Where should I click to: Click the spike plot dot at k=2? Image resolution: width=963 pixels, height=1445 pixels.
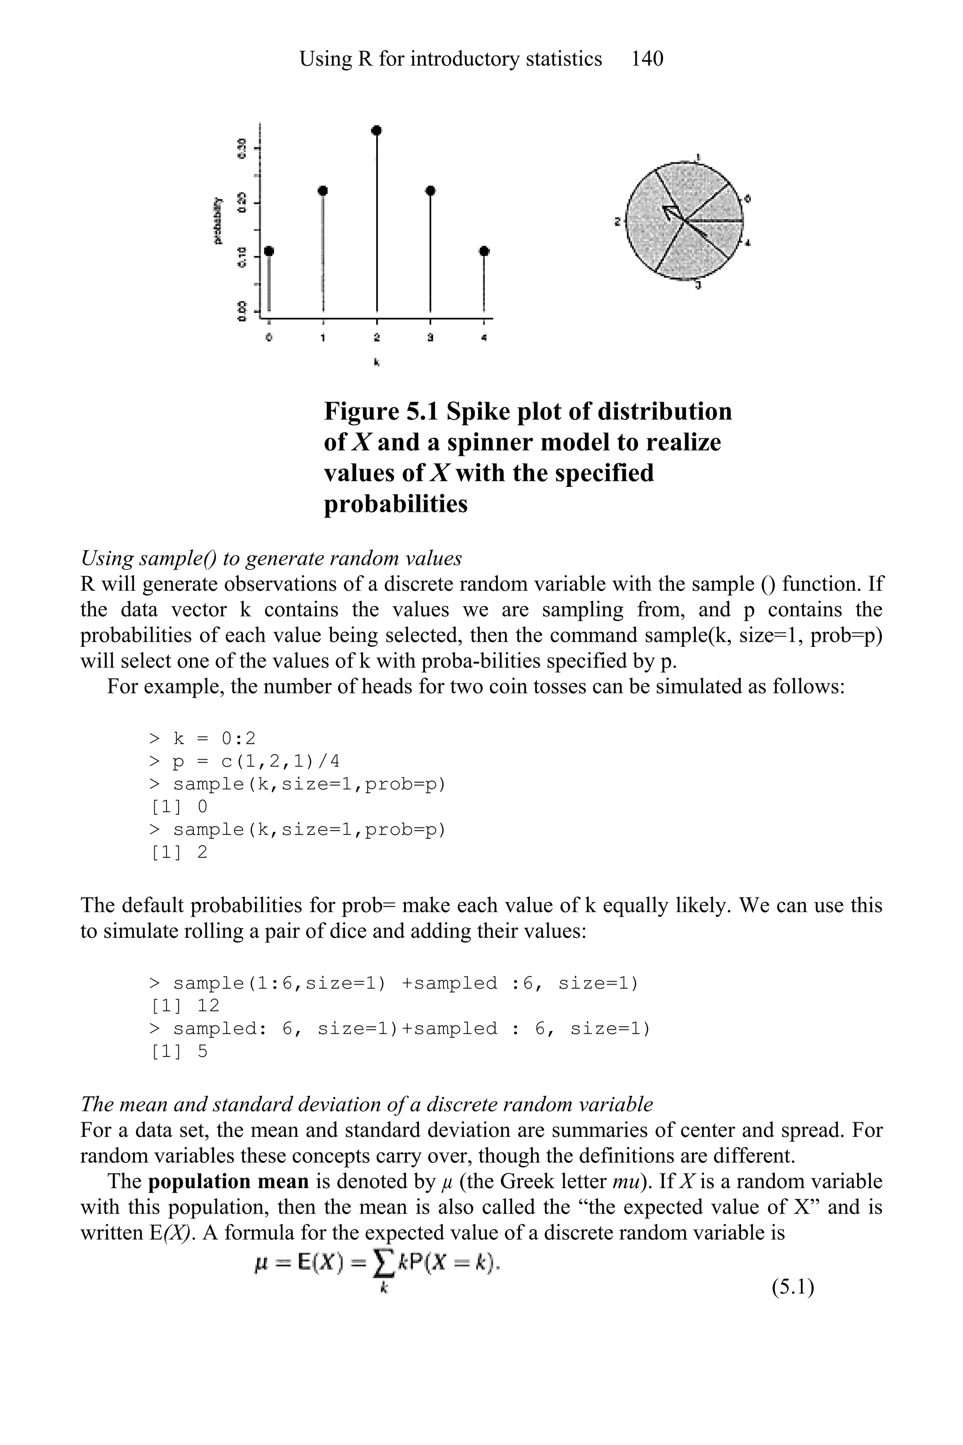(377, 130)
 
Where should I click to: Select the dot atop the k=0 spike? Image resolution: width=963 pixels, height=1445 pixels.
(269, 251)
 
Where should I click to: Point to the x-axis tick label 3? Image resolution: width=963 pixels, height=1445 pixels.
(431, 337)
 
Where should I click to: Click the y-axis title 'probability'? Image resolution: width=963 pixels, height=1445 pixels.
(217, 221)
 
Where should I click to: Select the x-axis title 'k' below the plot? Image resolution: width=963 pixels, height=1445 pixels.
(377, 363)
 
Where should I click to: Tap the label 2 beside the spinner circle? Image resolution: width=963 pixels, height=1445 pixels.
(618, 221)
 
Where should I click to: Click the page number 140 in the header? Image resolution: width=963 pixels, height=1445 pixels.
(647, 59)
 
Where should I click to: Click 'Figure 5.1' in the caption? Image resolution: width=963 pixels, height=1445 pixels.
(381, 412)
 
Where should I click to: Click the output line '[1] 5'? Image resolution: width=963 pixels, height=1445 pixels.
(179, 1052)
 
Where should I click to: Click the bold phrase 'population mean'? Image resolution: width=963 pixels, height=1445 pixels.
(229, 1182)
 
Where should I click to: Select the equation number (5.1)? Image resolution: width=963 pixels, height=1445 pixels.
(793, 1286)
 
